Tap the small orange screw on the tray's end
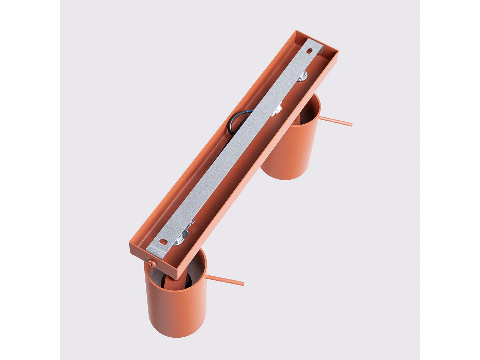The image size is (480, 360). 152,263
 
